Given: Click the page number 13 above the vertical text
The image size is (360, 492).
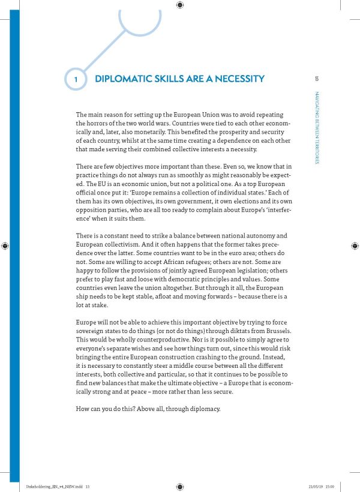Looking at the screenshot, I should (x=316, y=78).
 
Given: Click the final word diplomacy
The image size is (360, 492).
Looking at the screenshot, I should (x=203, y=409).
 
